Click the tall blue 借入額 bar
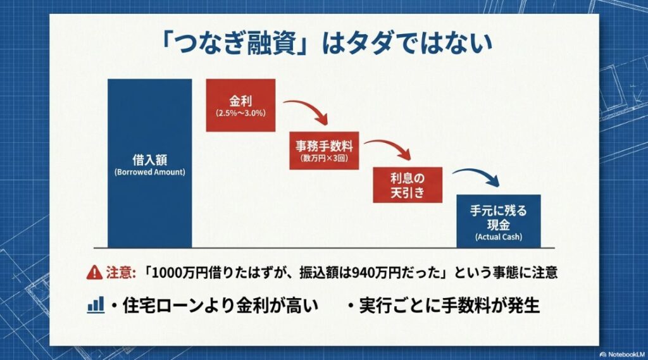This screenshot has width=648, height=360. [149, 163]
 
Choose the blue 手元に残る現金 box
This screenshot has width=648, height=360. [499, 220]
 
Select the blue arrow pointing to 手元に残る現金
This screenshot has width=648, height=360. [477, 177]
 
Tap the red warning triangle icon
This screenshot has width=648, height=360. [94, 273]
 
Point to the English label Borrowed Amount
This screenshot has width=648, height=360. [149, 173]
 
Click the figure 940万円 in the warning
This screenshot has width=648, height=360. [351, 273]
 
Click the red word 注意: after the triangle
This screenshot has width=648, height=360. [120, 273]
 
